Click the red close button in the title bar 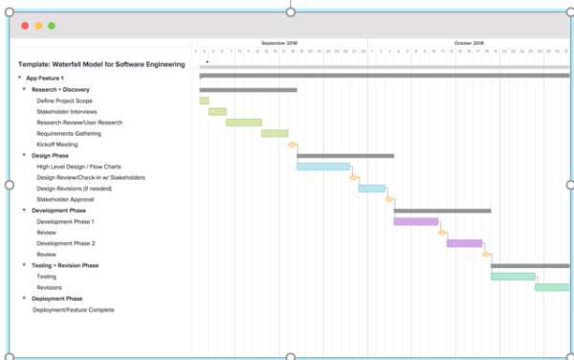[25, 26]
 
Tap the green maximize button [51, 26]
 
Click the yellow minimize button [38, 26]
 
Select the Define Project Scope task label [65, 101]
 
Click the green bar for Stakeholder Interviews [217, 111]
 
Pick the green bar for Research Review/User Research [243, 123]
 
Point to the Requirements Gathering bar [275, 134]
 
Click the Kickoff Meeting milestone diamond [293, 145]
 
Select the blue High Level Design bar [323, 167]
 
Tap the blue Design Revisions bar [371, 189]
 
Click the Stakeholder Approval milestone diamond [389, 199]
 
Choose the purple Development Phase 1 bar [415, 221]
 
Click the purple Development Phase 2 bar [464, 243]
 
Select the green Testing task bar [513, 277]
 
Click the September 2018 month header [279, 43]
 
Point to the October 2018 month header [469, 43]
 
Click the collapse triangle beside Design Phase [25, 155]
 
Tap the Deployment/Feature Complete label [74, 310]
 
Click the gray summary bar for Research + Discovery [248, 90]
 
